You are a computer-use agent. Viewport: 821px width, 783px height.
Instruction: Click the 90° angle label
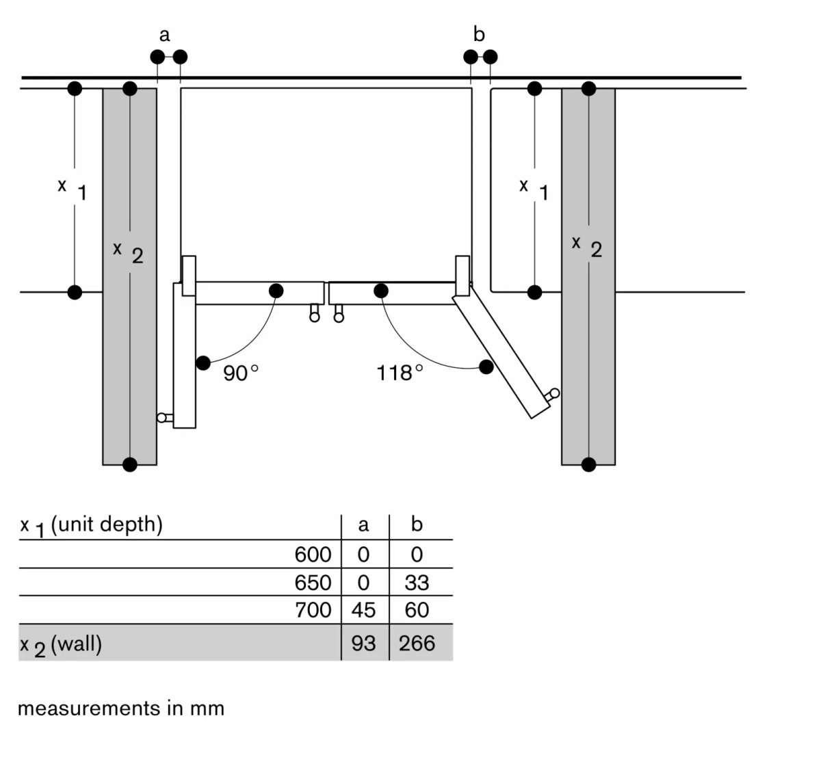(241, 373)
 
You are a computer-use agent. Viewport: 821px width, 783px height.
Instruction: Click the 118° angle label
(400, 373)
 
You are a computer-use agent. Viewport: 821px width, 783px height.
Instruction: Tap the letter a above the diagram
(164, 34)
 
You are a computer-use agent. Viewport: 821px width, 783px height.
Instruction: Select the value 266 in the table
(417, 643)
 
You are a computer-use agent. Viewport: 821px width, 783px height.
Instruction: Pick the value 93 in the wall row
(363, 643)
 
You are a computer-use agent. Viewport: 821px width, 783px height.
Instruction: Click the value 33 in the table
(417, 583)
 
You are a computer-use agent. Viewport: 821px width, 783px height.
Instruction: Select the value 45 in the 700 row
(363, 610)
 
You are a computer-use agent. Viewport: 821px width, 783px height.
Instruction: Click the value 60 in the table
(417, 610)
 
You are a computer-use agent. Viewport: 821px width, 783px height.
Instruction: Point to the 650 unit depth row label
(313, 583)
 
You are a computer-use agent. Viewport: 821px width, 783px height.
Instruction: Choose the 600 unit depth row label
(313, 555)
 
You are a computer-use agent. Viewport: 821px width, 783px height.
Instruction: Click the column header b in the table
(417, 525)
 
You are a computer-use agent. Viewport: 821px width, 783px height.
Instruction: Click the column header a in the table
(363, 525)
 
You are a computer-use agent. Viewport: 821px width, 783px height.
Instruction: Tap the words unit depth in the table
(107, 525)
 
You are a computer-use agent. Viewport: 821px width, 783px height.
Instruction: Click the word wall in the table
(77, 644)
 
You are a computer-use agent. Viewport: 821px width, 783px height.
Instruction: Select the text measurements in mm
(121, 708)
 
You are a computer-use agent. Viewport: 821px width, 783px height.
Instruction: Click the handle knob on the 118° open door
(554, 393)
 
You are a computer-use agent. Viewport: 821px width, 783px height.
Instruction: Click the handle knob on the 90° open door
(162, 418)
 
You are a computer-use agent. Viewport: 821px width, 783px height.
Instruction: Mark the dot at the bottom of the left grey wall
(130, 465)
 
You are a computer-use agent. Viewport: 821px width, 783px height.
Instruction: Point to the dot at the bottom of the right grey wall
(588, 465)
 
